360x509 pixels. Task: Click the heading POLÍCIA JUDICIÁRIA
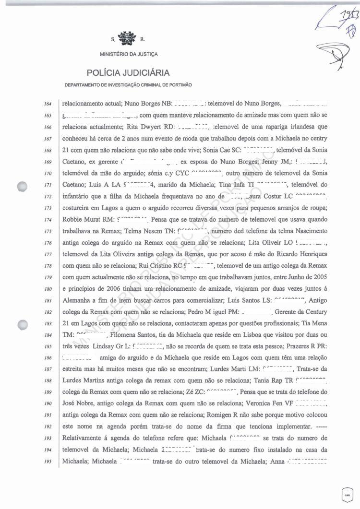[128, 73]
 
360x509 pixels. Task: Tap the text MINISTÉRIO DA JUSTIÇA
[129, 54]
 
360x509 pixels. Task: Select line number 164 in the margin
[48, 103]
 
